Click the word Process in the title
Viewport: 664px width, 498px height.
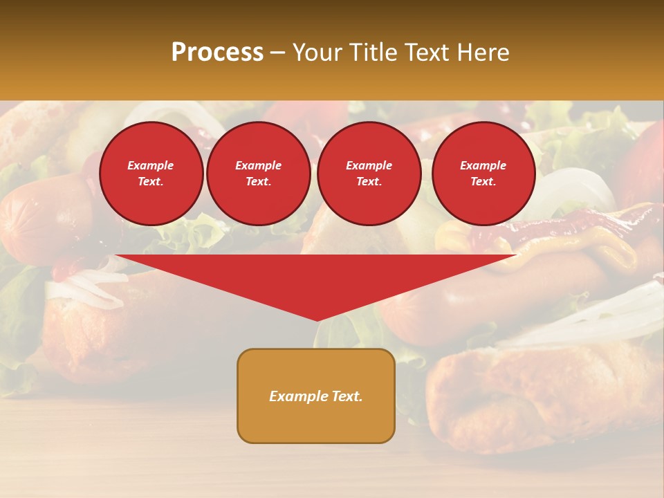[x=217, y=53]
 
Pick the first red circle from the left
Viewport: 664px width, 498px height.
[x=151, y=174]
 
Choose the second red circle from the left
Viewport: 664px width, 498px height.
[x=259, y=174]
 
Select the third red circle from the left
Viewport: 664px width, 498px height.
[x=369, y=174]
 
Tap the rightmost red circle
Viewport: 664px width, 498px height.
[x=483, y=174]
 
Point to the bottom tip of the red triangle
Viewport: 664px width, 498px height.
[x=317, y=320]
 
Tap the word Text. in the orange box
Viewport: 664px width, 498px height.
[x=347, y=396]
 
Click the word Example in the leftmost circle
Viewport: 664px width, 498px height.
[x=151, y=165]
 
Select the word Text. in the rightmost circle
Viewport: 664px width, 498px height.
[x=483, y=182]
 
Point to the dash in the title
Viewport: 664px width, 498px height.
[x=278, y=53]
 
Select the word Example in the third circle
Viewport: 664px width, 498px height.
[x=369, y=165]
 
